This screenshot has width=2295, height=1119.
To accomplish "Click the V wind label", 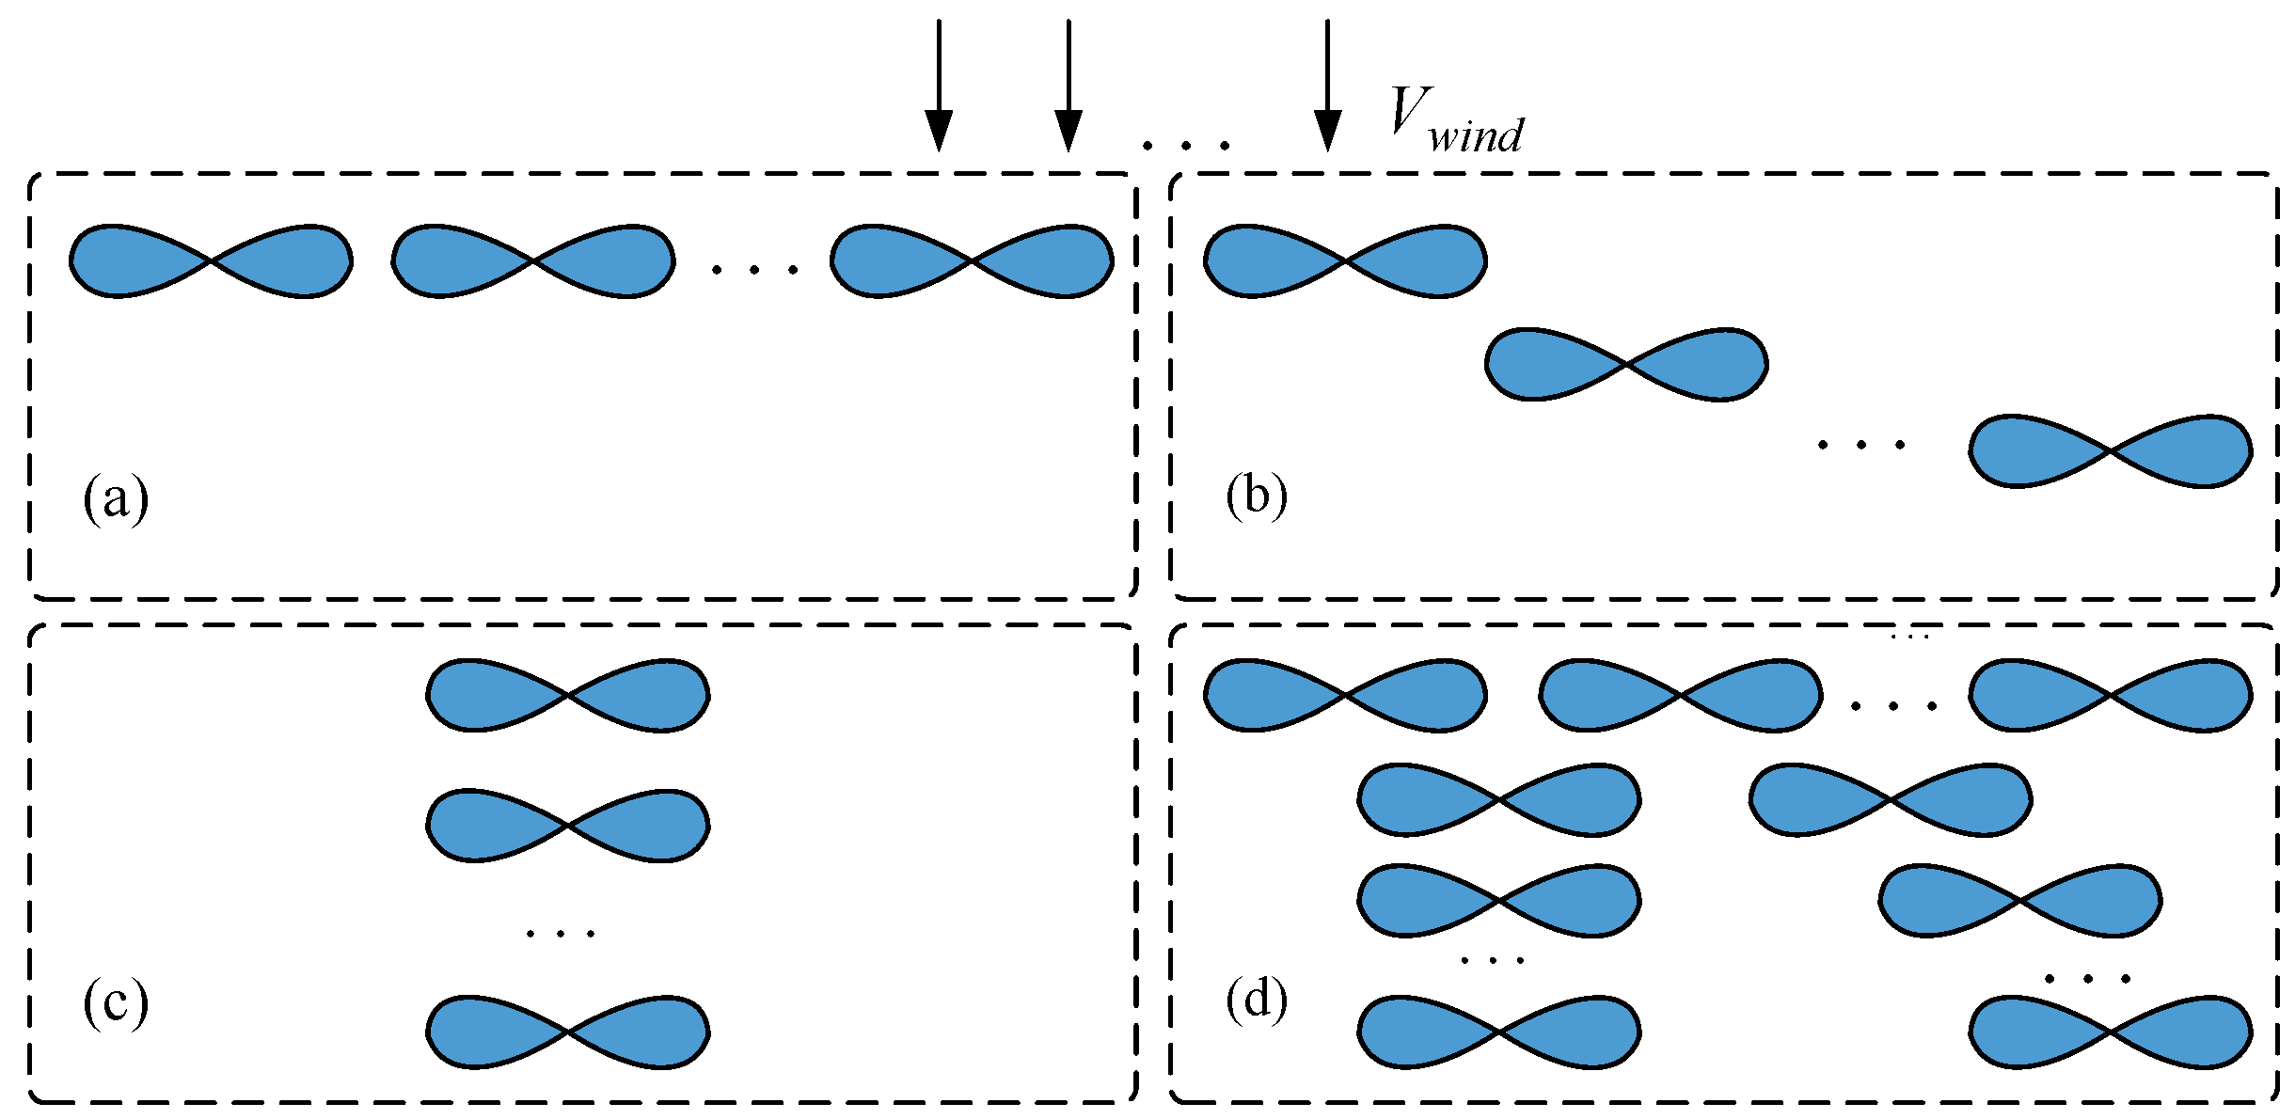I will point(1456,120).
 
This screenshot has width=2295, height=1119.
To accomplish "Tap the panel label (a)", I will point(116,498).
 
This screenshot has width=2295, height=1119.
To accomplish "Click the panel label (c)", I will point(116,1002).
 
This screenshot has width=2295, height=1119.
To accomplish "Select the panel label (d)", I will point(1257,999).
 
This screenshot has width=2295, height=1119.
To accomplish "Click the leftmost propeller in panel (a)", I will point(212,261).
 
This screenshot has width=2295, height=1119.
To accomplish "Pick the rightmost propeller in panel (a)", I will point(972,261).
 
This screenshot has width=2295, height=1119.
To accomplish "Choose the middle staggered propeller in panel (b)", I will point(1626,364).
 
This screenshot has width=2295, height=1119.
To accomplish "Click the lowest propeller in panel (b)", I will point(2111,450).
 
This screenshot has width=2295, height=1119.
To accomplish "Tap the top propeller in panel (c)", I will point(568,695).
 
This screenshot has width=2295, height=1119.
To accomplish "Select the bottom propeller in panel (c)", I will point(568,1032).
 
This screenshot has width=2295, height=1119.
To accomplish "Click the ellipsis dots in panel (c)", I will point(561,934).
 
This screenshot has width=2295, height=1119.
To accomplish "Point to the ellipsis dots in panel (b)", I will point(1861,444).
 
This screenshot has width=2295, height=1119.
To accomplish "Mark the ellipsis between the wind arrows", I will point(1185,145).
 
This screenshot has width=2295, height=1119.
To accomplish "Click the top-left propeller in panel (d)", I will point(1345,695).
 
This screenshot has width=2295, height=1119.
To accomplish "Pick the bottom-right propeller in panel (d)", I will point(2111,1032).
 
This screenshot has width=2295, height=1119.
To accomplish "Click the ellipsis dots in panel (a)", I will point(754,270).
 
